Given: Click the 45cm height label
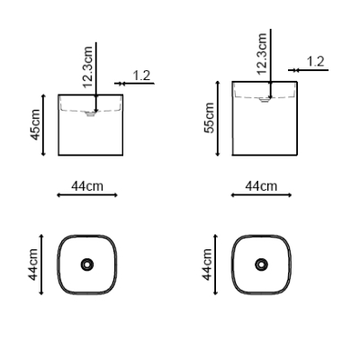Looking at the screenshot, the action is pyautogui.click(x=35, y=124).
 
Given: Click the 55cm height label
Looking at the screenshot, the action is pyautogui.click(x=209, y=118).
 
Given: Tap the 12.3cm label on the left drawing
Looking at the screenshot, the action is pyautogui.click(x=87, y=67).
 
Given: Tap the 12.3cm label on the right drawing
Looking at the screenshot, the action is pyautogui.click(x=262, y=53).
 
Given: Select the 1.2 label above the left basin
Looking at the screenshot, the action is pyautogui.click(x=141, y=76).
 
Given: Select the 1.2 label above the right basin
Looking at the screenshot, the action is pyautogui.click(x=316, y=61).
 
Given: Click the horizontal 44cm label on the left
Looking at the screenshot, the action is pyautogui.click(x=87, y=186).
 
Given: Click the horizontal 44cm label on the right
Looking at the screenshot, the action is pyautogui.click(x=261, y=186).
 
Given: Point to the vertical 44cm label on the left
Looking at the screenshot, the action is pyautogui.click(x=33, y=265).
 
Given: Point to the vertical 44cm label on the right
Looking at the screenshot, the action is pyautogui.click(x=207, y=265).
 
